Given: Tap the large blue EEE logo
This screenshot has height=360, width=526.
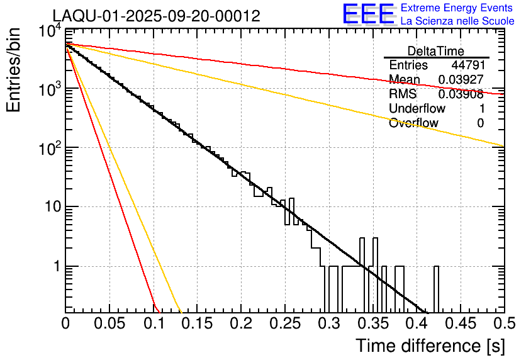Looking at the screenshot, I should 368,15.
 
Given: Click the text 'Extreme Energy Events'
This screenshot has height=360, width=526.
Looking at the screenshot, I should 457,8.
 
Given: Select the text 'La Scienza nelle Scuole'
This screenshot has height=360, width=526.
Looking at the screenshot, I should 457,21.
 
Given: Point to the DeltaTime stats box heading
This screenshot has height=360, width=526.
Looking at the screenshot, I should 436,51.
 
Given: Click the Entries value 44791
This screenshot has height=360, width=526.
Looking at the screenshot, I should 467,65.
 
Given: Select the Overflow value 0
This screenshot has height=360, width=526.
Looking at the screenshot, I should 480,123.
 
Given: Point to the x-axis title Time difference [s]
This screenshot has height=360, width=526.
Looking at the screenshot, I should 429,346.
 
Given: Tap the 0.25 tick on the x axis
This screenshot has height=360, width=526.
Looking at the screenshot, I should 284,323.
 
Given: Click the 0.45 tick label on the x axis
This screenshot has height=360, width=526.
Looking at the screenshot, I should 460,323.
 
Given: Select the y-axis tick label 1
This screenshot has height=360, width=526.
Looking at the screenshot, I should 55,266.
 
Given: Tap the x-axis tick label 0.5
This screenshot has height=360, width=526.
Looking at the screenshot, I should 503,323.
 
